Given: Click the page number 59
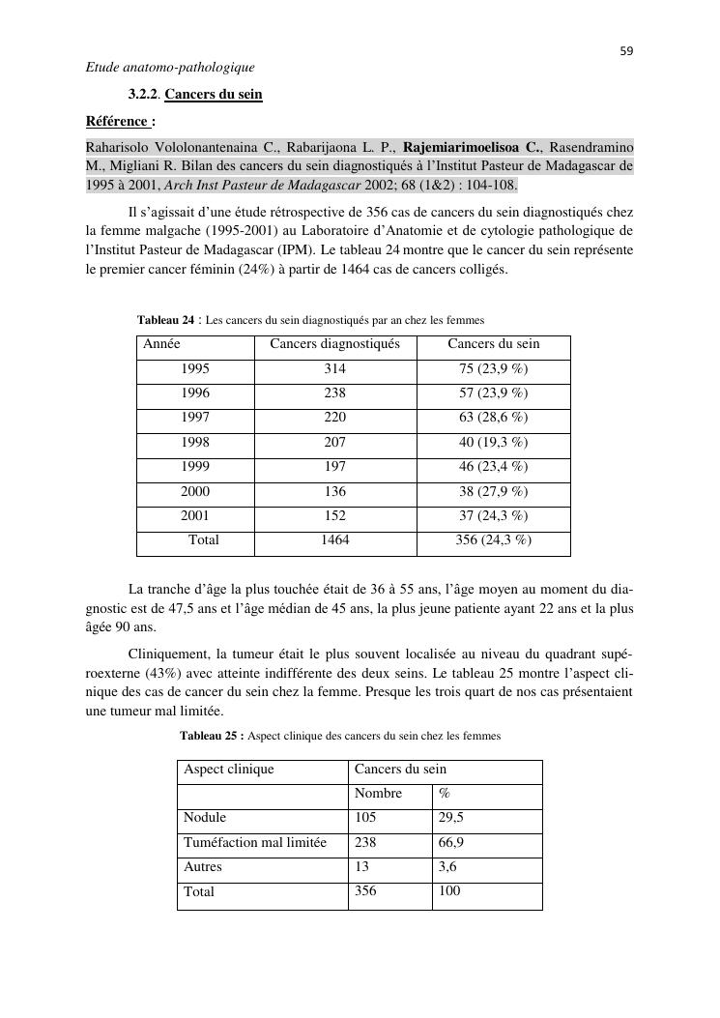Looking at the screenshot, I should point(626,51).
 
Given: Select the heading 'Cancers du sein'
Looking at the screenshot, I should point(214,95).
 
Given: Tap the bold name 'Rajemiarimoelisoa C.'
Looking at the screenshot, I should point(472,147).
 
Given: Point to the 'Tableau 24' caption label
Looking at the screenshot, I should point(166,320).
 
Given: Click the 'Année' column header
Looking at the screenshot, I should point(161,344).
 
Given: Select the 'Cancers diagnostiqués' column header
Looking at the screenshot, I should point(334,344).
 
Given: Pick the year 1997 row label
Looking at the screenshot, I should point(195,418).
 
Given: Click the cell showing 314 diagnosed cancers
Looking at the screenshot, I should point(334,369).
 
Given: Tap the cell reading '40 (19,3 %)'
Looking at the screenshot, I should point(493,442).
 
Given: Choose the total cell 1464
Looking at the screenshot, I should point(334,540).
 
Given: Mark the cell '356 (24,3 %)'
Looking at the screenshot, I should point(493,540).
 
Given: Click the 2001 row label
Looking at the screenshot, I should point(195,516).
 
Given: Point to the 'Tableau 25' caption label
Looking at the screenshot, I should point(211,736).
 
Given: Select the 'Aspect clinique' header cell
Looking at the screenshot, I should point(229,770).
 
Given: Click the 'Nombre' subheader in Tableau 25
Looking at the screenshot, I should point(378,794).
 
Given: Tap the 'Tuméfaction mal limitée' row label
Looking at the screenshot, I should point(255,843).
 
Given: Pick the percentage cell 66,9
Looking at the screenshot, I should point(450,843).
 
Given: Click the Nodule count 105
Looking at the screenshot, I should point(365,818).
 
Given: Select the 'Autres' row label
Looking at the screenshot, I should point(203,867).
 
